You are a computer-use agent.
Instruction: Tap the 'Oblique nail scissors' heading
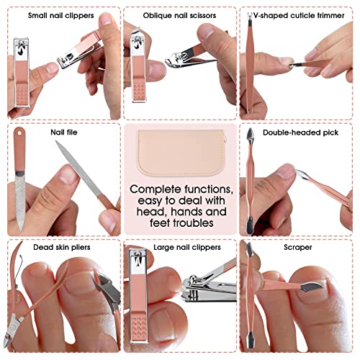179,14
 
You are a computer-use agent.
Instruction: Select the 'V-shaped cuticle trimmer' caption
300,14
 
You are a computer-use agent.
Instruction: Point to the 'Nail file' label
66,132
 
